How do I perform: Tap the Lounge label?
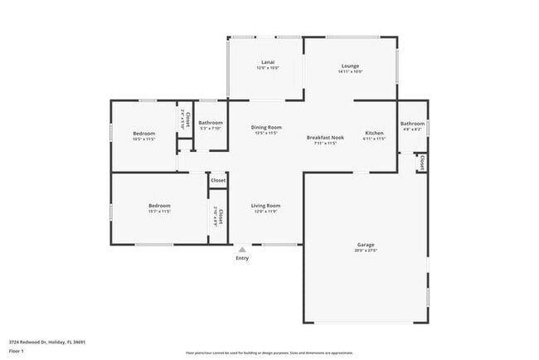(350, 65)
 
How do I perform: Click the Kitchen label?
(375, 133)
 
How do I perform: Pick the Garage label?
(366, 245)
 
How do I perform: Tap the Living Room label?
(266, 205)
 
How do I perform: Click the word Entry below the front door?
(242, 259)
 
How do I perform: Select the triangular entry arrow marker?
(242, 249)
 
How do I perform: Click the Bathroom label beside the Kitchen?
(412, 124)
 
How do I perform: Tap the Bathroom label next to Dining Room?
(211, 123)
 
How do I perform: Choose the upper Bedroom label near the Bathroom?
(143, 133)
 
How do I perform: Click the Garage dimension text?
(366, 251)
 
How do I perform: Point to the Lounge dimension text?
(350, 71)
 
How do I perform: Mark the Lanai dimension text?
(267, 69)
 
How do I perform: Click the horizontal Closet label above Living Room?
(218, 180)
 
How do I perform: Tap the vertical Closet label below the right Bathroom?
(422, 163)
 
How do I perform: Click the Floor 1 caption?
(17, 352)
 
